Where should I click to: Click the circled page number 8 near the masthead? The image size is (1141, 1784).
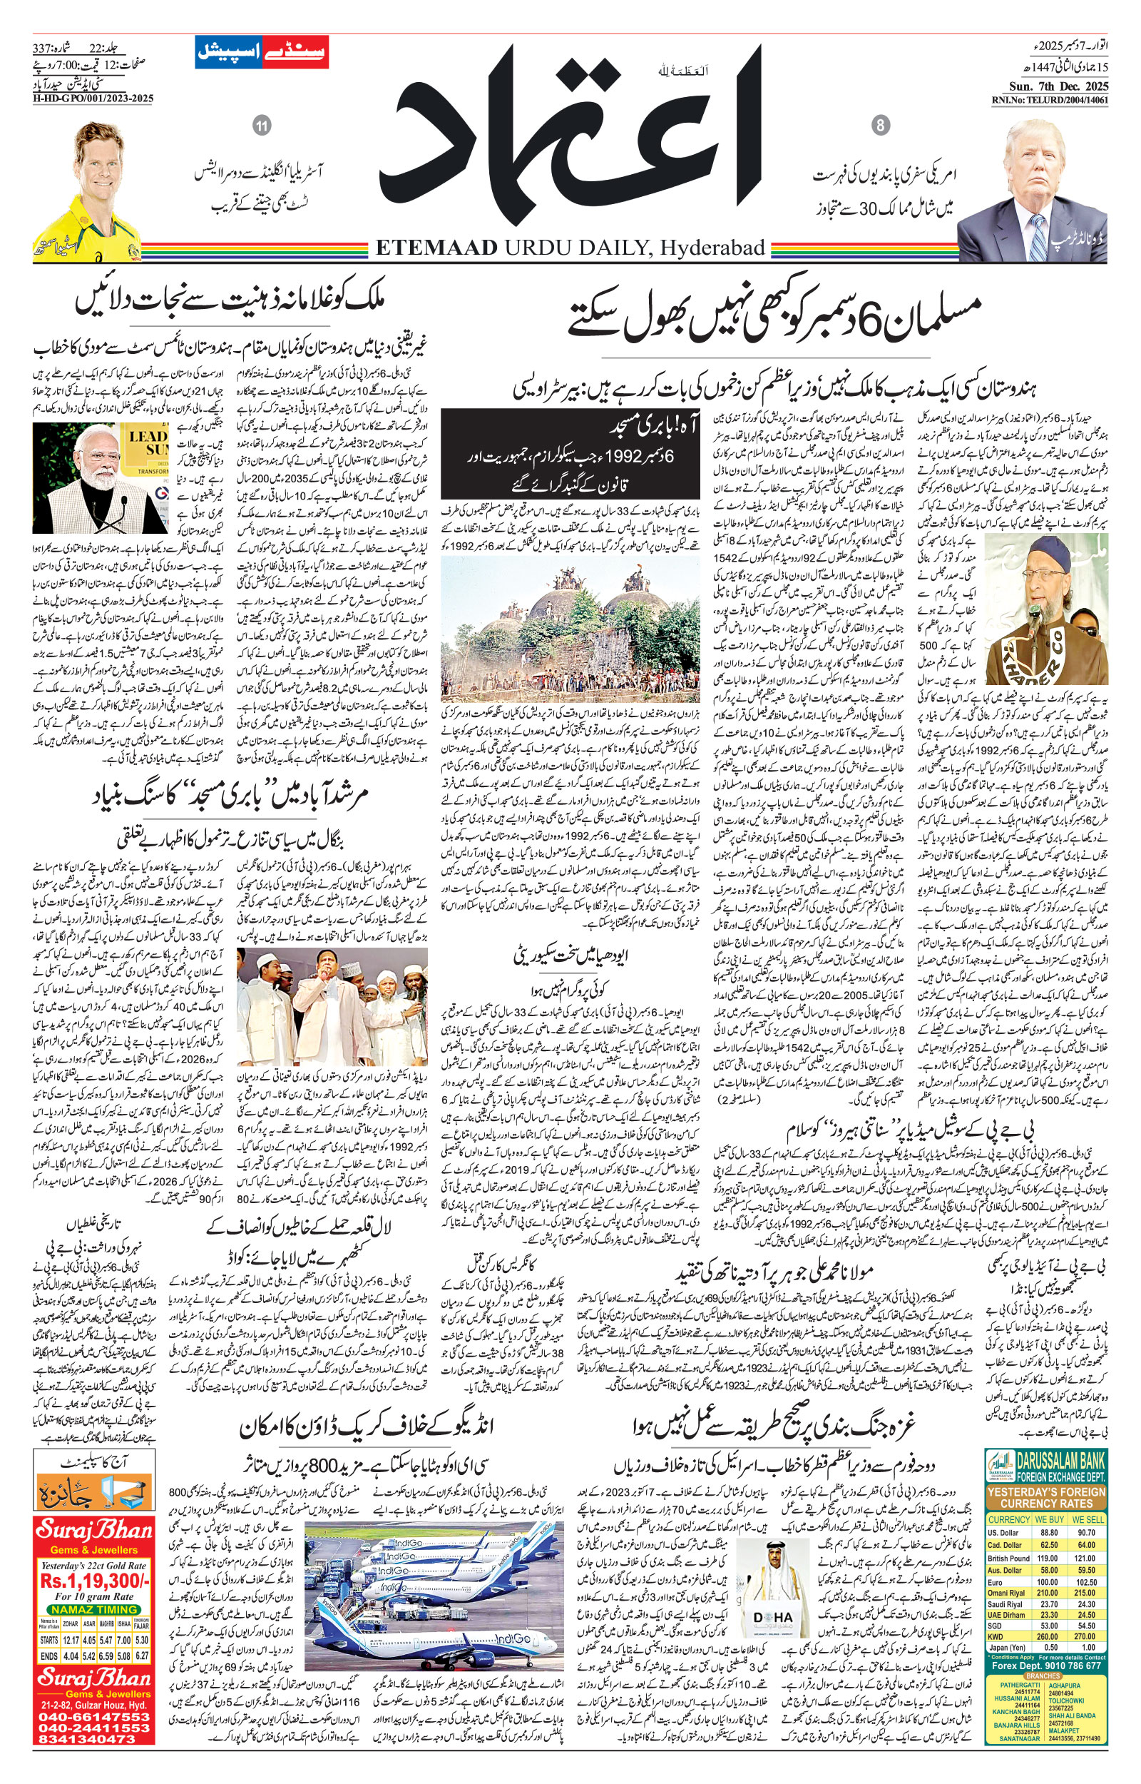pos(881,126)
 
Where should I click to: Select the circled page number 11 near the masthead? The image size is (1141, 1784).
pos(261,126)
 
